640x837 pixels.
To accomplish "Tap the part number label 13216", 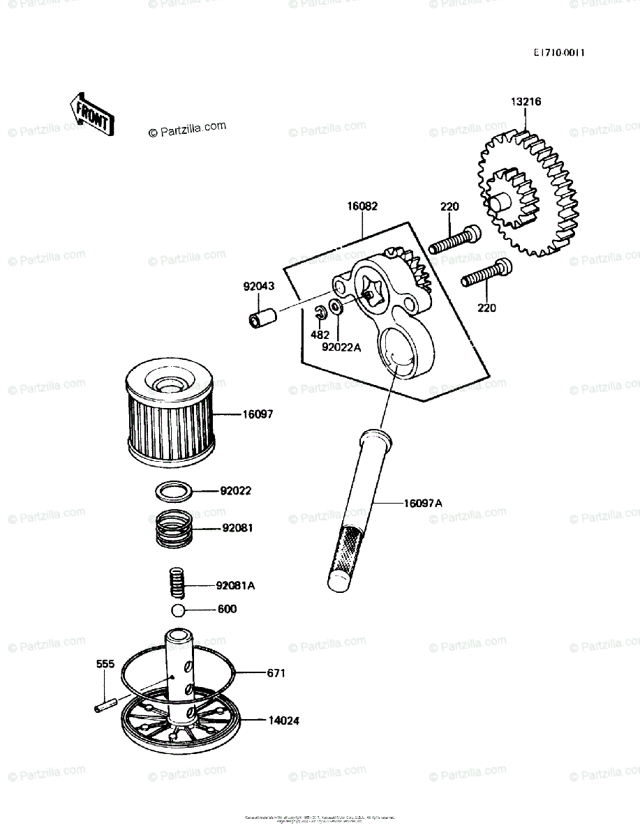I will click(526, 102).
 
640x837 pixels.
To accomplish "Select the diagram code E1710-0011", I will click(559, 52).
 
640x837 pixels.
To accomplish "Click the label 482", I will click(320, 335).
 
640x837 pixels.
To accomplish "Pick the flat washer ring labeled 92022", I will click(174, 492).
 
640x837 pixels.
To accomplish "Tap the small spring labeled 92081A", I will click(177, 583).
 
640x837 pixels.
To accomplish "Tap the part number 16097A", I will click(422, 502).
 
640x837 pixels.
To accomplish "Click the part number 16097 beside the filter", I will click(258, 414).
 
